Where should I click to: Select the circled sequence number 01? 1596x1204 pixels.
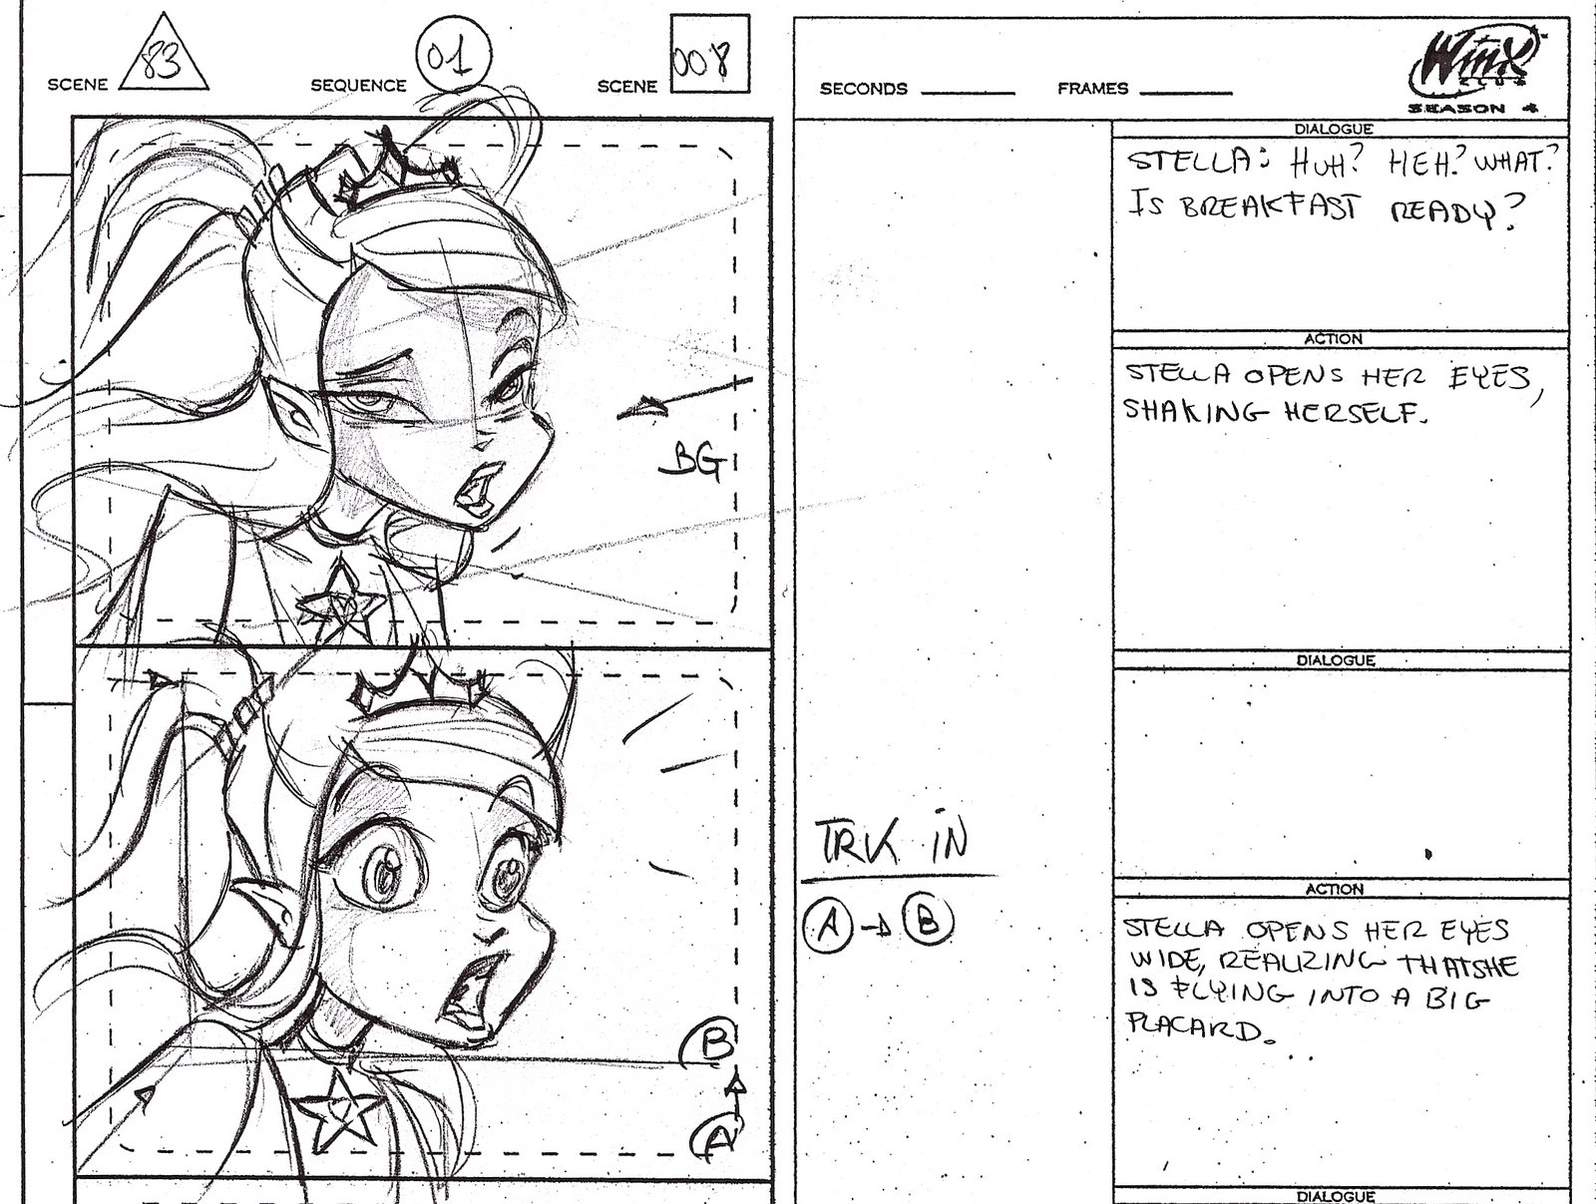[x=454, y=55]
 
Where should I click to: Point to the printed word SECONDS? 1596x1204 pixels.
[x=864, y=89]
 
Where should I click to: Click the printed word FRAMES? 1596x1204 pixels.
[x=1093, y=89]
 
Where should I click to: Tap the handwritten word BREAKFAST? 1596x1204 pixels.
[x=1269, y=207]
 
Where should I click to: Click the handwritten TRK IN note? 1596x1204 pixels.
[x=892, y=843]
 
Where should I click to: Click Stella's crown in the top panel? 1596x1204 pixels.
[x=395, y=169]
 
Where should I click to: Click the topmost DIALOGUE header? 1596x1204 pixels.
[x=1334, y=130]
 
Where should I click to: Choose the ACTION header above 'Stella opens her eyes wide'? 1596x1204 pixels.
[x=1335, y=889]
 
